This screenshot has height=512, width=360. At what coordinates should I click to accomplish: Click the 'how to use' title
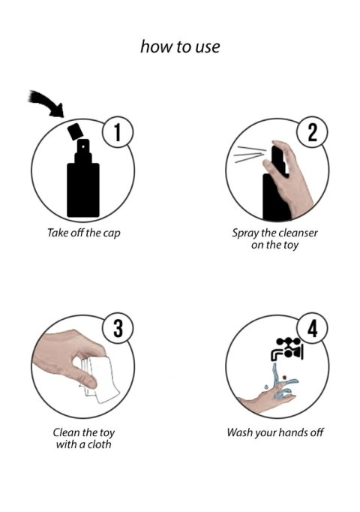tap(180, 47)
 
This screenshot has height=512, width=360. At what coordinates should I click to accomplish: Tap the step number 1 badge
tap(117, 133)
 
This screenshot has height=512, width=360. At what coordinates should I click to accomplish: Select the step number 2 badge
tap(311, 133)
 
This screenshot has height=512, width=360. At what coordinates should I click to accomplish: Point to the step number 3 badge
tap(117, 328)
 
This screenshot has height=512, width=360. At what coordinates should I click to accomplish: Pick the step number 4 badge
tap(311, 328)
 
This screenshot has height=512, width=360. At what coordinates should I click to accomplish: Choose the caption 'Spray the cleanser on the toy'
tap(274, 239)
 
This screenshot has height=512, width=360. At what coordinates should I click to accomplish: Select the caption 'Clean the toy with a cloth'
tap(83, 439)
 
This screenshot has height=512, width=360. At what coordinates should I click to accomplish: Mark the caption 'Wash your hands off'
tap(274, 433)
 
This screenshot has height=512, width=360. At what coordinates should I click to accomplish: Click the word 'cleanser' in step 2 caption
tap(297, 233)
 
